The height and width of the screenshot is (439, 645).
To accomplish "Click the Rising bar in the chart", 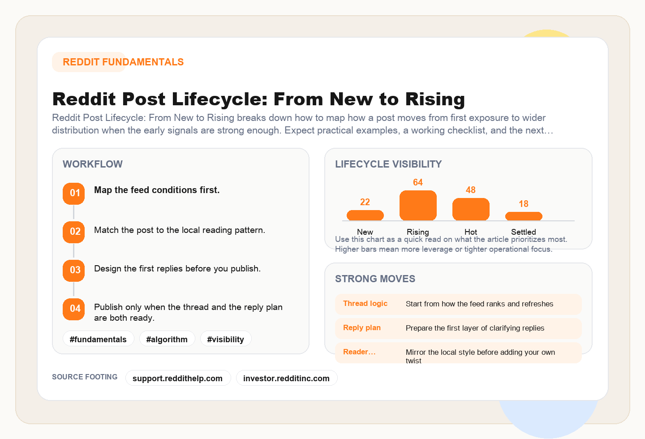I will point(418,206).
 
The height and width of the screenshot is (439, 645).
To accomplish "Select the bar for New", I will point(365,215).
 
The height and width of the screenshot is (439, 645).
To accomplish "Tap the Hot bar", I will point(471,209).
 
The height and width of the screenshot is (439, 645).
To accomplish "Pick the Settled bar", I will point(524,216).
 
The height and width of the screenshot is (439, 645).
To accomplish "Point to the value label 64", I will point(418,182).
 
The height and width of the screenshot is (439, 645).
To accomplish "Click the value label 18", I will point(524,204).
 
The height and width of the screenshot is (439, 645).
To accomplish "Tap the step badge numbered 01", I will point(74,194).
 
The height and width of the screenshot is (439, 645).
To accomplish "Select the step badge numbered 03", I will point(74,271).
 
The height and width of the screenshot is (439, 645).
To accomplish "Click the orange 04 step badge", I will point(74,309).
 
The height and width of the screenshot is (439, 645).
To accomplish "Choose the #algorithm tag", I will point(167,339).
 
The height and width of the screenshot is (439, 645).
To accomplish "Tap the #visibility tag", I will point(226,339).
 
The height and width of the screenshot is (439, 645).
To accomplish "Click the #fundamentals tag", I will point(98,339).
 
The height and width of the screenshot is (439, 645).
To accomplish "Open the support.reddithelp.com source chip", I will point(178,378).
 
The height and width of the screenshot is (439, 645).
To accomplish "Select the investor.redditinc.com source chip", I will point(286,378).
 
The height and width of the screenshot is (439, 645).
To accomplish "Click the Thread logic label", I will point(365,304).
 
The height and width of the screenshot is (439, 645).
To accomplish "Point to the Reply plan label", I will point(362,328).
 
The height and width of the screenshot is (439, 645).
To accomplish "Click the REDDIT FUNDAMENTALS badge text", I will point(123,62).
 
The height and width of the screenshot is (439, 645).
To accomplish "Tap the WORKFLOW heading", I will point(93,164).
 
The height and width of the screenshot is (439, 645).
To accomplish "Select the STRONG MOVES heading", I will point(375,279).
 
